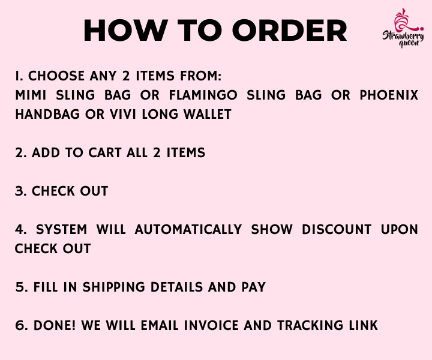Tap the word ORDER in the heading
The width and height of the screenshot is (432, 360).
(290, 30)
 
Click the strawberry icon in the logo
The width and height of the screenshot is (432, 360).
(406, 20)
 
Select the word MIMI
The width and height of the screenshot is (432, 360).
(31, 95)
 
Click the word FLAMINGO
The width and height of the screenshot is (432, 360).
(203, 95)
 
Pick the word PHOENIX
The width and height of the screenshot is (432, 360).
(389, 95)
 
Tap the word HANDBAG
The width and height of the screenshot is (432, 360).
(47, 115)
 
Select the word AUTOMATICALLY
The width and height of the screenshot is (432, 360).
(188, 229)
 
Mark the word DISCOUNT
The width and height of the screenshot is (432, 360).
(337, 229)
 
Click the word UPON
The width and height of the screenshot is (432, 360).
(400, 229)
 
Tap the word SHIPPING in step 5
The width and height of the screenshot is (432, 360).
(114, 287)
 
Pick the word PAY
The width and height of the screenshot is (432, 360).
(254, 287)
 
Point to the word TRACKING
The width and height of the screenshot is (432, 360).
(310, 325)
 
